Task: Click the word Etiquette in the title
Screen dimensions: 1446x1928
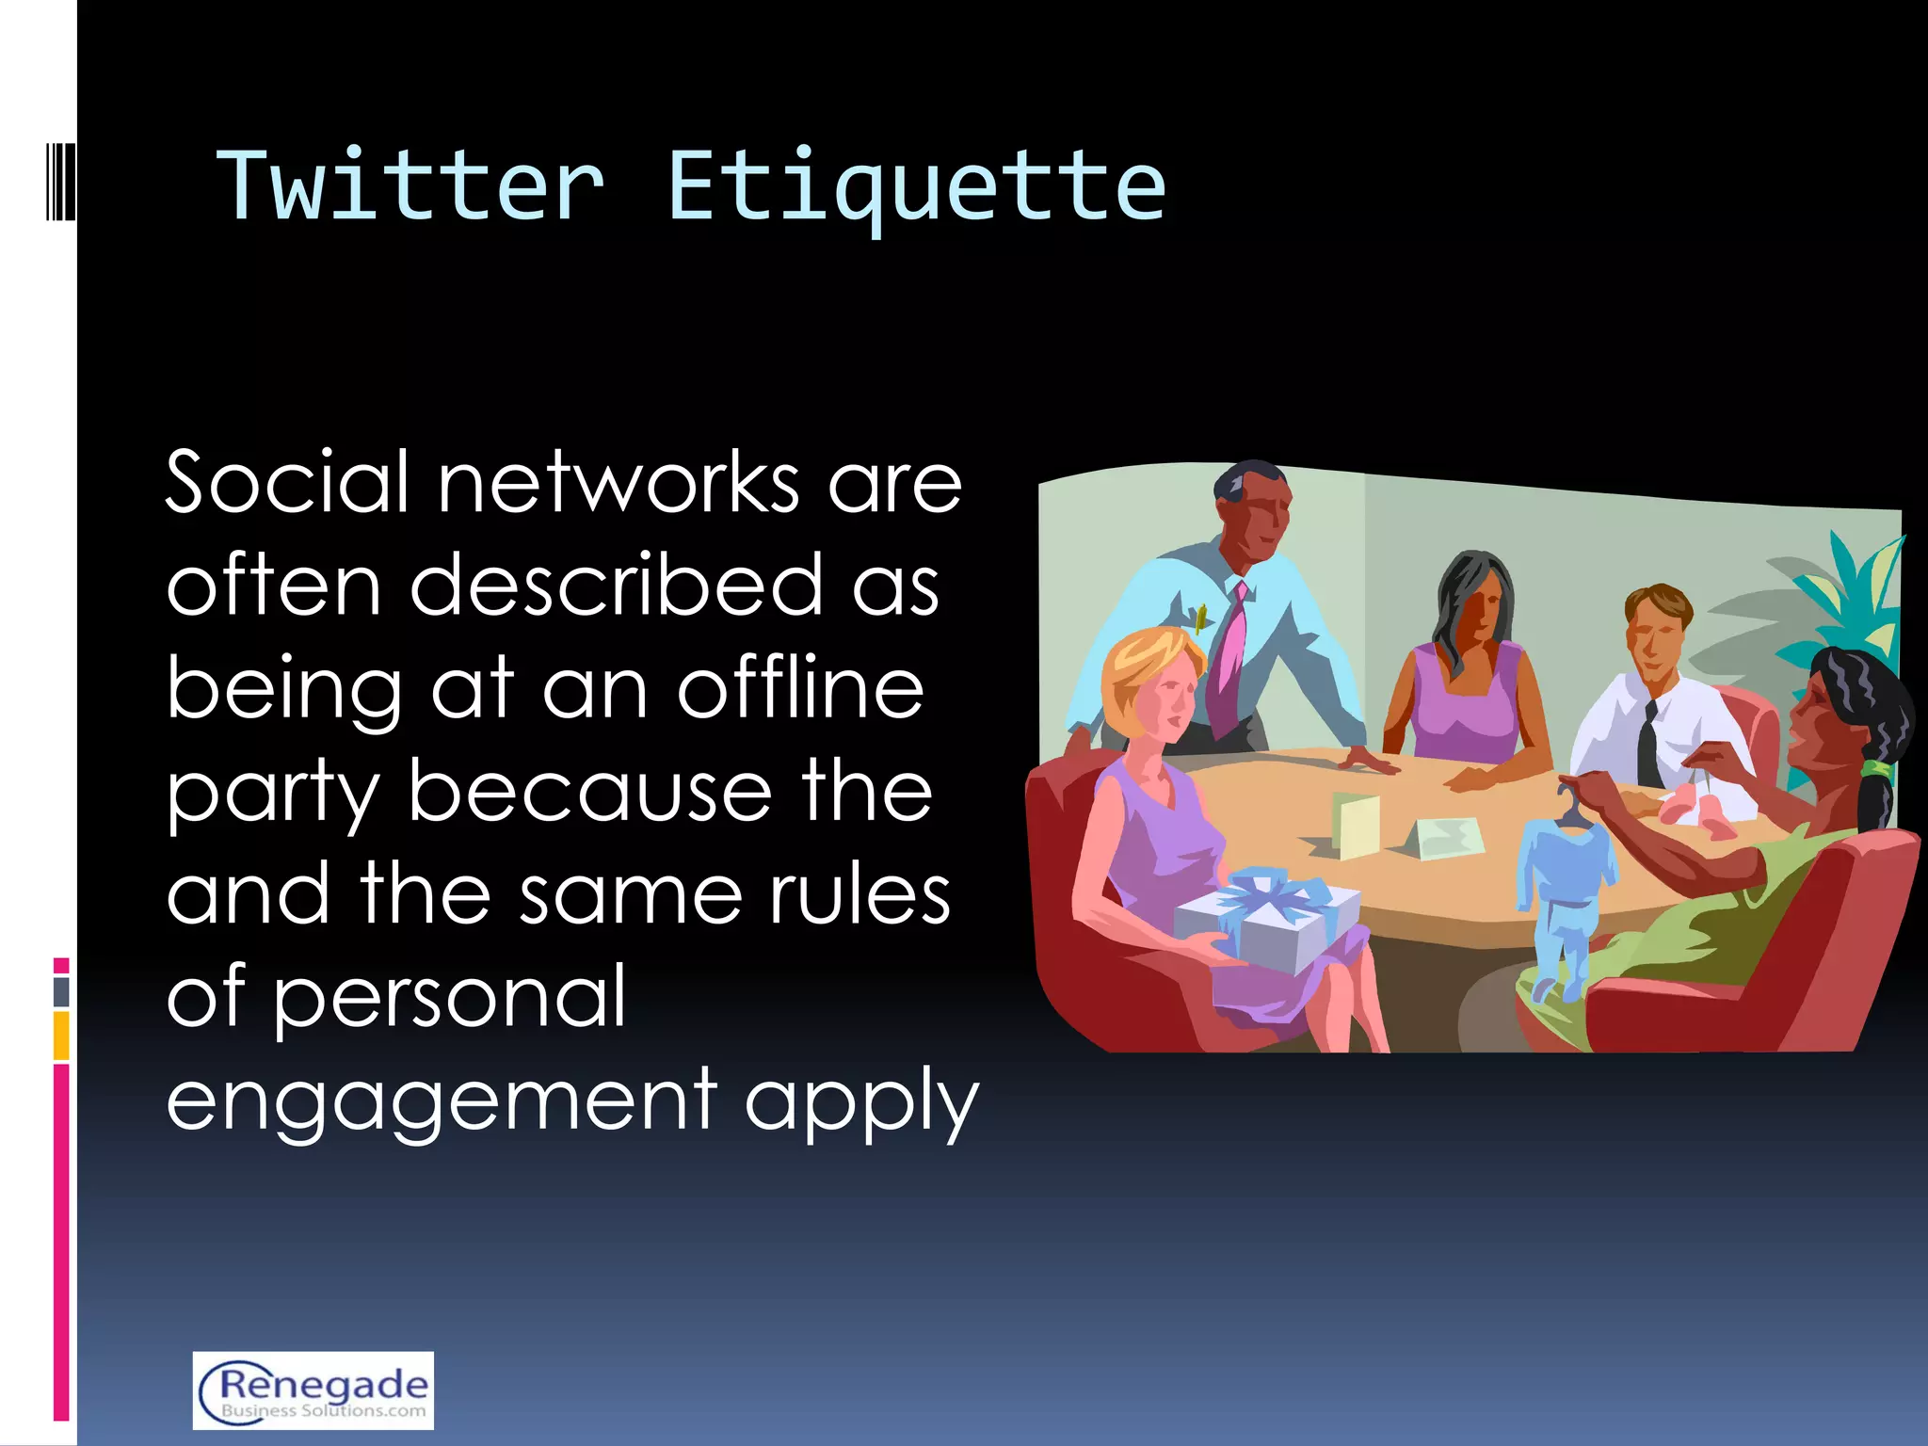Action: pos(916,186)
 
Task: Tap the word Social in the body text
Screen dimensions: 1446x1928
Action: pos(288,482)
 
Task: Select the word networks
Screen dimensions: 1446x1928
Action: pos(619,482)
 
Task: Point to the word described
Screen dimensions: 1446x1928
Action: pos(616,585)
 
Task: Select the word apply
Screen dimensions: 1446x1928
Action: pos(861,1101)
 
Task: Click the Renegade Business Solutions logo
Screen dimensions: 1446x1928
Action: pos(313,1390)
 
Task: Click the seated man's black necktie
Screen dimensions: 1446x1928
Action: pos(1648,744)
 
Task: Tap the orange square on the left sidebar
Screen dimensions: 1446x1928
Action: pos(61,1036)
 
